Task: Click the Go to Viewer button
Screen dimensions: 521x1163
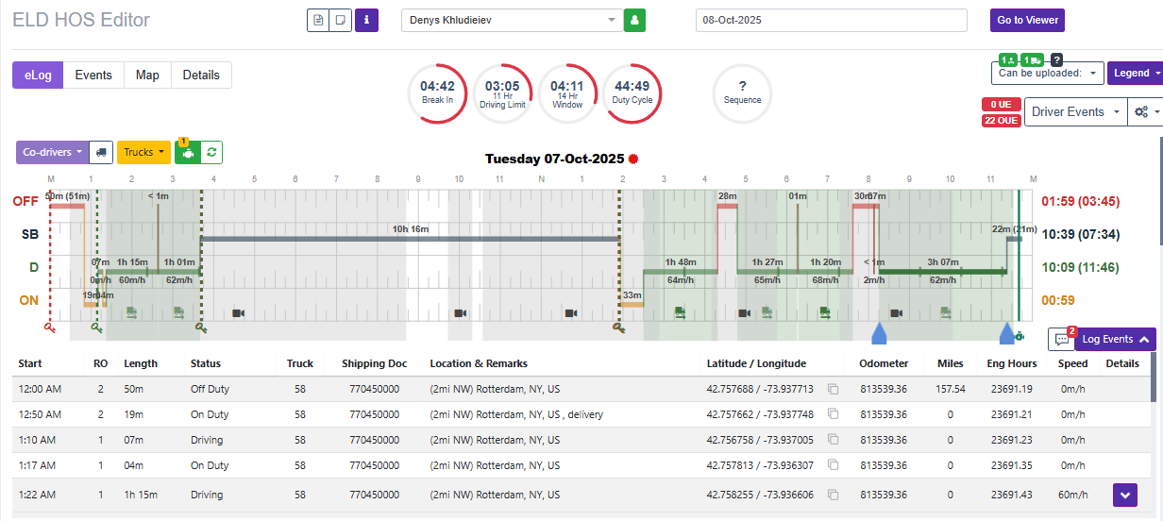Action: [x=1027, y=20]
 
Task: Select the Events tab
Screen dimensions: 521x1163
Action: [x=93, y=76]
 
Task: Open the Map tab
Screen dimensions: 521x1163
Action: [x=147, y=76]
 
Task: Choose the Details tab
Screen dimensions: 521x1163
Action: [x=201, y=76]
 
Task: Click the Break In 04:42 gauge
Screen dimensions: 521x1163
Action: [x=437, y=92]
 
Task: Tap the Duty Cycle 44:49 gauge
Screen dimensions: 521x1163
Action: [x=632, y=92]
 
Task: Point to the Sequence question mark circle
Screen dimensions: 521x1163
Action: [x=742, y=92]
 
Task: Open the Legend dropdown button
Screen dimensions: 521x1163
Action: [x=1134, y=73]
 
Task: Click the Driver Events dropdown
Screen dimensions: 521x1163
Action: [x=1074, y=111]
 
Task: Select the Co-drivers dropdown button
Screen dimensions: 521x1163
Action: [x=52, y=152]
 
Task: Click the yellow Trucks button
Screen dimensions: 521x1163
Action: [x=143, y=152]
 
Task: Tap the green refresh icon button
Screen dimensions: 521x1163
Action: [x=212, y=152]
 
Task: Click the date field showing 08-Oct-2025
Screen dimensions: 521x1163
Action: [x=831, y=20]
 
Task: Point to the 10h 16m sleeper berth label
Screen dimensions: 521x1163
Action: [x=411, y=229]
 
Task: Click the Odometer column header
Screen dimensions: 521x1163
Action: [x=884, y=363]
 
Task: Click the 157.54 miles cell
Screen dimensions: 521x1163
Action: [x=950, y=389]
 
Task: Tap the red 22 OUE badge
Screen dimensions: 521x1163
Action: [x=1001, y=121]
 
